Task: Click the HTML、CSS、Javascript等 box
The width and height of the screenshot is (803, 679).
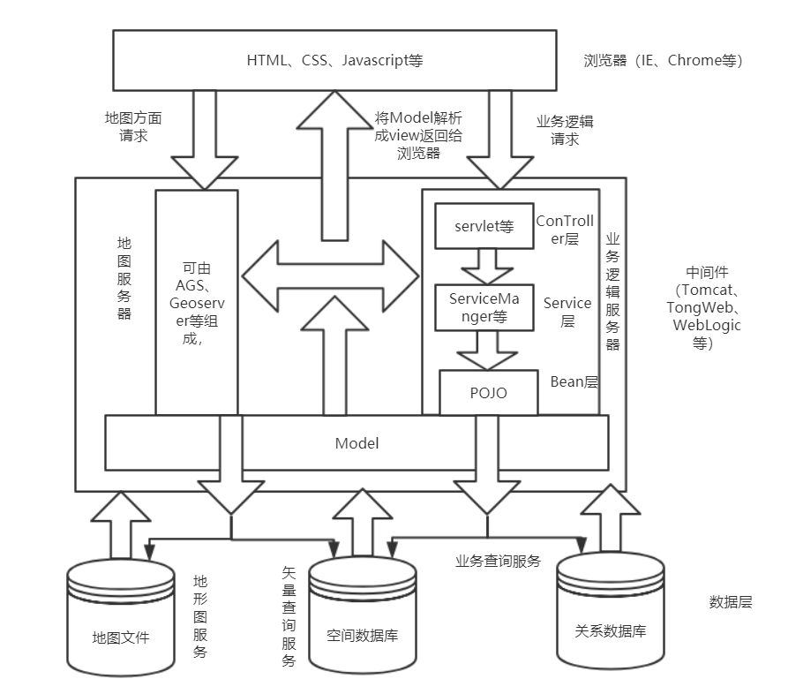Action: click(334, 60)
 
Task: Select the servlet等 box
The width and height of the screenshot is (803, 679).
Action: click(479, 226)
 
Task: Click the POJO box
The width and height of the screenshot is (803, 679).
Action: click(488, 393)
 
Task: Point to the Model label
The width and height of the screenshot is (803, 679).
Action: click(356, 443)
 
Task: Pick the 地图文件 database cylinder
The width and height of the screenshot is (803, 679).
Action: click(121, 622)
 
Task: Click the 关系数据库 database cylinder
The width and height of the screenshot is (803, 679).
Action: click(610, 618)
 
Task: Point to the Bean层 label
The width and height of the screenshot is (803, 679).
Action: click(574, 381)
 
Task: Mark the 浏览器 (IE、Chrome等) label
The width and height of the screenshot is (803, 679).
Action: click(663, 61)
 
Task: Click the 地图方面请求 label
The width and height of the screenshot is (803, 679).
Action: click(133, 126)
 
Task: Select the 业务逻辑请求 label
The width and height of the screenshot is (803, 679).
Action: click(565, 130)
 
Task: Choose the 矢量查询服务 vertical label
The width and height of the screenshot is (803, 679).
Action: click(289, 617)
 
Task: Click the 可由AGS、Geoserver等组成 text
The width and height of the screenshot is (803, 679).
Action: click(195, 303)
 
